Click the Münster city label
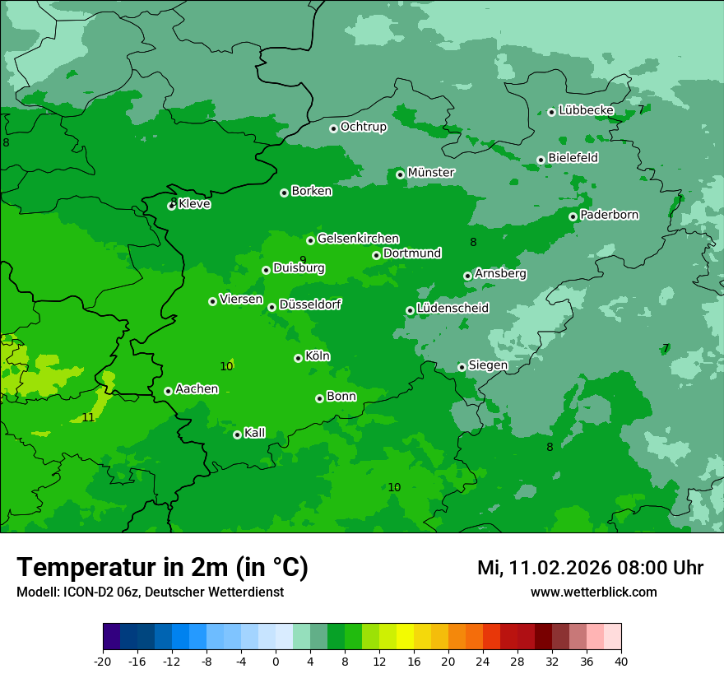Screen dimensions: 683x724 (430, 173)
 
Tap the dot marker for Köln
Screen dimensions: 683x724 (298, 358)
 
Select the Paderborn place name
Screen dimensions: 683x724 (609, 215)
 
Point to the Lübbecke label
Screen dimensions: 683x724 (586, 110)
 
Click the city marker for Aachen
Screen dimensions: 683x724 (168, 391)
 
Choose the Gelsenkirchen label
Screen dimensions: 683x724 (358, 239)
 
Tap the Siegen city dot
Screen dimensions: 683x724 (462, 367)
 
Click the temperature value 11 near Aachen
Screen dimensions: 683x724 (88, 418)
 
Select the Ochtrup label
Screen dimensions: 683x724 (363, 127)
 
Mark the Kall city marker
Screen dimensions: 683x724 (237, 434)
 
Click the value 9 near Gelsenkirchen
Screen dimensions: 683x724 (303, 260)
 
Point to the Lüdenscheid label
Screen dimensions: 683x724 (452, 309)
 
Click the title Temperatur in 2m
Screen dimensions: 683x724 (162, 568)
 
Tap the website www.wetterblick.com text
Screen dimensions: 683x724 (593, 592)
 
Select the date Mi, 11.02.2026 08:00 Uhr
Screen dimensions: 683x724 (590, 568)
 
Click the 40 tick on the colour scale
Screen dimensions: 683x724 (620, 661)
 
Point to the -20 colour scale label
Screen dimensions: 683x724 (103, 661)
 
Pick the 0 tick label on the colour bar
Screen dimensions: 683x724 (276, 661)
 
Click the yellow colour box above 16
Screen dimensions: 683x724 (413, 638)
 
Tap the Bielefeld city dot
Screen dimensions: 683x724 (541, 160)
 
